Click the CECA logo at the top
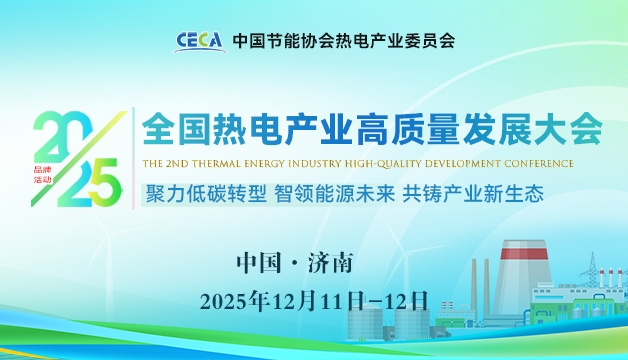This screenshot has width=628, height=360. (200, 41)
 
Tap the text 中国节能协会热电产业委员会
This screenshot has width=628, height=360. (343, 41)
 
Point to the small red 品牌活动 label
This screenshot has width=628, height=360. (41, 174)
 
